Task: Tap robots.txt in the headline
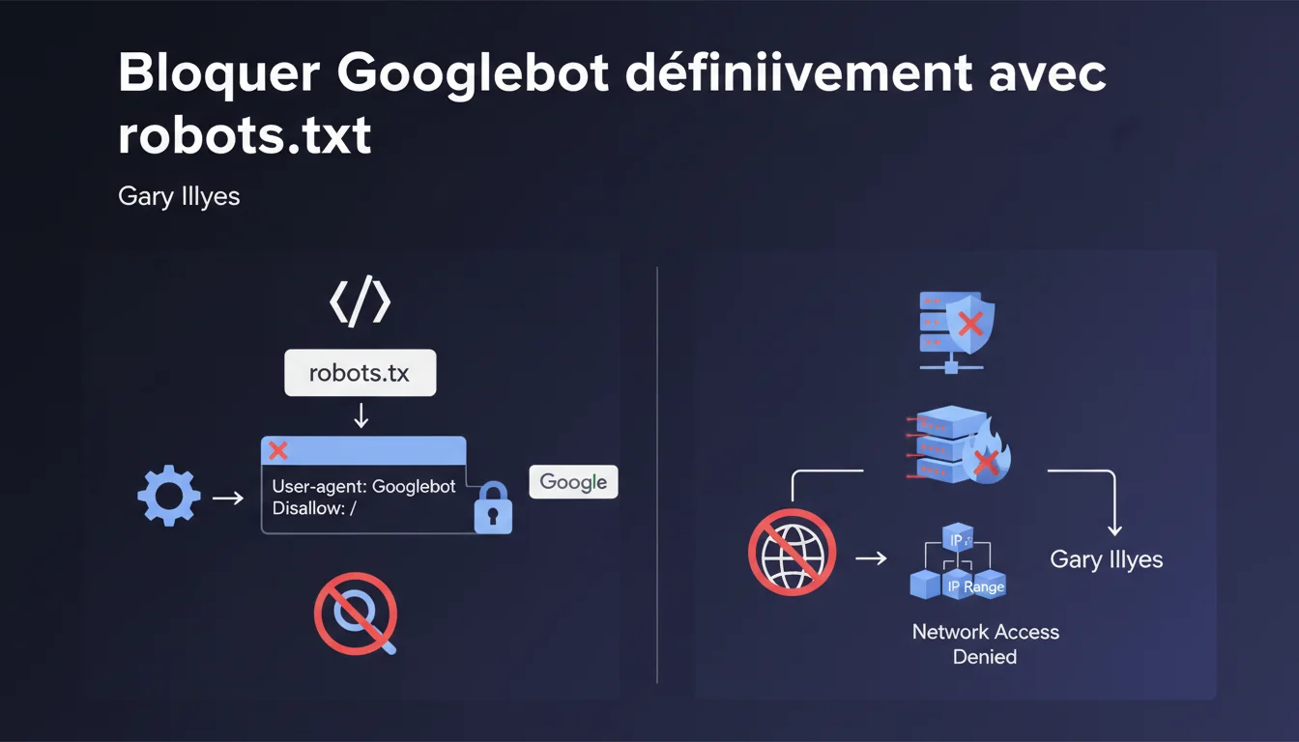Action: (245, 136)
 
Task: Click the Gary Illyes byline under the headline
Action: (179, 196)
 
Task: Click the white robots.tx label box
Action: (361, 373)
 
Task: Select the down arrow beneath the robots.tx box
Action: (361, 415)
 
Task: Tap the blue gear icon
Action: (169, 498)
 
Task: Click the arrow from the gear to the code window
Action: (228, 498)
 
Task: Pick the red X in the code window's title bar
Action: (278, 450)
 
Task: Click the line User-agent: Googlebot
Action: (363, 486)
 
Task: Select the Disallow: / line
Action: (315, 508)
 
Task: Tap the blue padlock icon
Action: (493, 508)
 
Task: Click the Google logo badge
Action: (573, 482)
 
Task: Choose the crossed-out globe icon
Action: (791, 552)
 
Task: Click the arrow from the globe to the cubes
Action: (871, 557)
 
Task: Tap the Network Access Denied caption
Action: (985, 644)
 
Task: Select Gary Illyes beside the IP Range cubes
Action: (1106, 559)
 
